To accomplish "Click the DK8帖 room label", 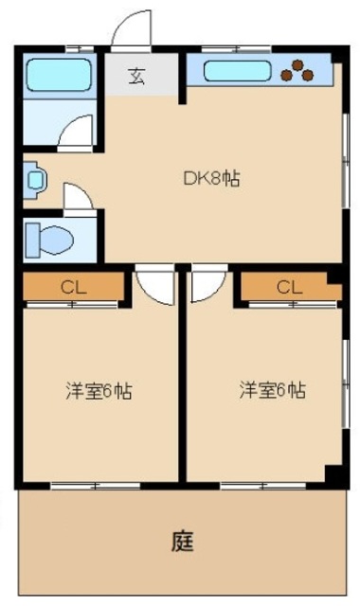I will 210,176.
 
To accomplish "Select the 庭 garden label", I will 182,542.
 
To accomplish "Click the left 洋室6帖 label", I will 99,390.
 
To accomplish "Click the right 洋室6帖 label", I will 271,389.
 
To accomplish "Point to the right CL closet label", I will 289,287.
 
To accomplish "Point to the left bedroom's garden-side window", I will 95,486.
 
